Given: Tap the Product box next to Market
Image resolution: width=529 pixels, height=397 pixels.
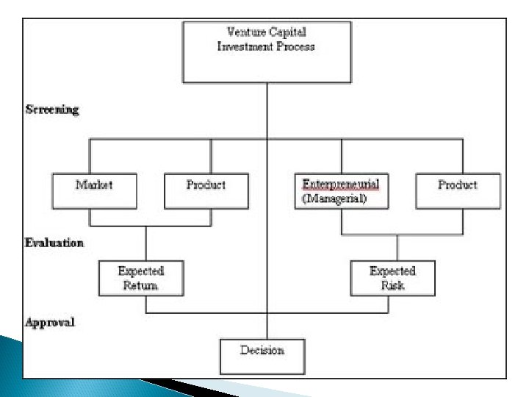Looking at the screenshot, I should (x=206, y=190).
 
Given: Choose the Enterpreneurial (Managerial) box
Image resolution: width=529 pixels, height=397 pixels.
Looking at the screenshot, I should (x=341, y=190).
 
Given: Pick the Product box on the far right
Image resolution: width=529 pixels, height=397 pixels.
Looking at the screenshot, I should (x=458, y=190).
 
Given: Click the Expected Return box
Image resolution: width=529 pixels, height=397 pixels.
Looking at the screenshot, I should (x=140, y=278).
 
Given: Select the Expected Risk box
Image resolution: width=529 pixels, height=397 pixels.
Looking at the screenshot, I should (x=392, y=278).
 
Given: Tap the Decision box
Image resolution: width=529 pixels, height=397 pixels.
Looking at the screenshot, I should (x=262, y=356).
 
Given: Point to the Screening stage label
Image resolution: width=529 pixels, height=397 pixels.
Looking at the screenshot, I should (x=52, y=110).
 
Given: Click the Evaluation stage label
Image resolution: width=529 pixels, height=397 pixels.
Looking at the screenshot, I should (x=55, y=242).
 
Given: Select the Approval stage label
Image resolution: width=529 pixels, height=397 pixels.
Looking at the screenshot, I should (x=51, y=322).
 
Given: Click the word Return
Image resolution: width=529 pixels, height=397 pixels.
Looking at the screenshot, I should (x=140, y=285).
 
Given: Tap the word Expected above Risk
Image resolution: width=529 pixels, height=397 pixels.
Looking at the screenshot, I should (x=392, y=271).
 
